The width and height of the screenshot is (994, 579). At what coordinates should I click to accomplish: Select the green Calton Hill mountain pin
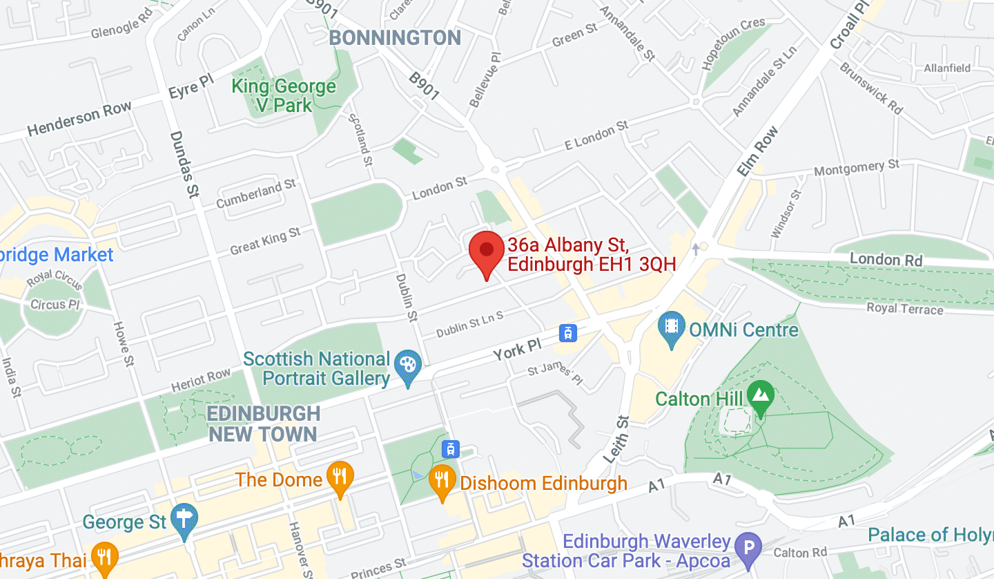pyautogui.click(x=760, y=397)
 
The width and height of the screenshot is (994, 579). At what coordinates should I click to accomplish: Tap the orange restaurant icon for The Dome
pyautogui.click(x=339, y=477)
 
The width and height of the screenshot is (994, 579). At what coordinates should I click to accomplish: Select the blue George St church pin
pyautogui.click(x=184, y=520)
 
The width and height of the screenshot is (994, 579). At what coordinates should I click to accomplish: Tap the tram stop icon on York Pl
pyautogui.click(x=567, y=333)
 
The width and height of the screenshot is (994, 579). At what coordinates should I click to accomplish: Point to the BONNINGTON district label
pyautogui.click(x=396, y=37)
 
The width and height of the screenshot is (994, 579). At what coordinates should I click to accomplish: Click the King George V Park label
pyautogui.click(x=284, y=96)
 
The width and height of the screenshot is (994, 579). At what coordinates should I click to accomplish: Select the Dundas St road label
pyautogui.click(x=182, y=165)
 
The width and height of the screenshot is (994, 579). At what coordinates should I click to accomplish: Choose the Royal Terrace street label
pyautogui.click(x=904, y=308)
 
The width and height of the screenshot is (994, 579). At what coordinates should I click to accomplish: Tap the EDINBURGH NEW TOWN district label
pyautogui.click(x=264, y=424)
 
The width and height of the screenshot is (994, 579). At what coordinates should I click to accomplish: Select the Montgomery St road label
pyautogui.click(x=857, y=167)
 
